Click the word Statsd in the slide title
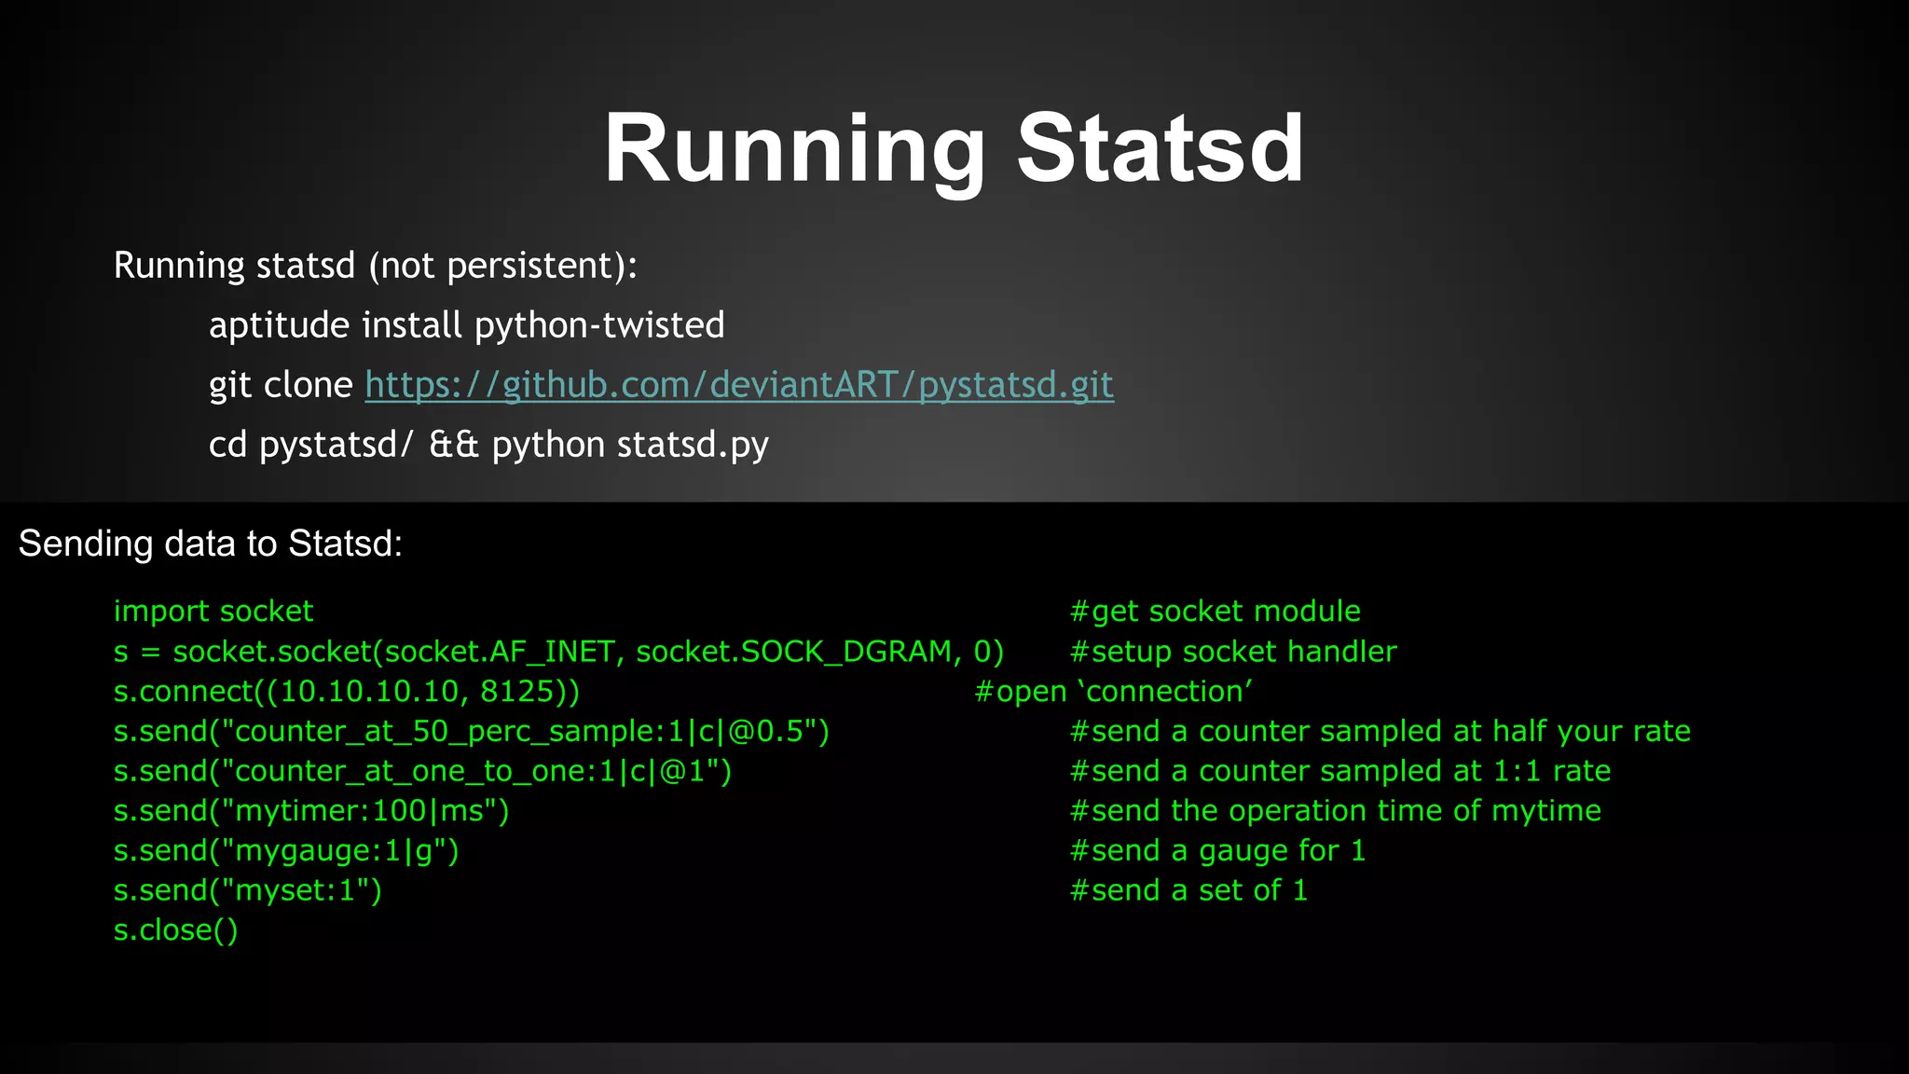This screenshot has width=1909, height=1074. (x=1160, y=149)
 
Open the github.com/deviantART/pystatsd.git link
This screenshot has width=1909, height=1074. (x=739, y=385)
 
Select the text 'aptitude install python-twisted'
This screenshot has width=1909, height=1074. (x=466, y=325)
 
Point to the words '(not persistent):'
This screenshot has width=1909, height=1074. (x=503, y=266)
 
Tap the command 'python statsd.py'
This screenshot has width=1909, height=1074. (x=630, y=445)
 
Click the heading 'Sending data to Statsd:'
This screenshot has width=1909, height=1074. (x=211, y=544)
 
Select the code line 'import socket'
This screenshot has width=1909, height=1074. (x=213, y=612)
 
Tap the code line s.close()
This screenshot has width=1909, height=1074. (x=176, y=930)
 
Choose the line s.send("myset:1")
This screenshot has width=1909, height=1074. (x=248, y=891)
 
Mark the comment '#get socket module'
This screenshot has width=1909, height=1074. (x=1215, y=612)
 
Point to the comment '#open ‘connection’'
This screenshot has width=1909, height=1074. (x=1113, y=692)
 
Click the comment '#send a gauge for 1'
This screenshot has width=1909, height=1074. (x=1217, y=851)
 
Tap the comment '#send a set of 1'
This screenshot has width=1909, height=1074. (x=1188, y=891)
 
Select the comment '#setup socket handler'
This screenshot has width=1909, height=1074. (x=1233, y=652)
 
